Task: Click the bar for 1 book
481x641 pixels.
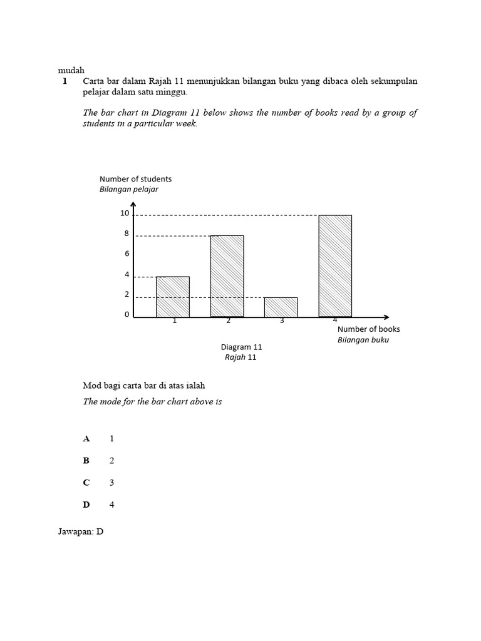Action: (173, 297)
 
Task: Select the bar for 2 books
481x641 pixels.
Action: (227, 276)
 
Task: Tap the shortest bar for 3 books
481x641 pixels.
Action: (281, 307)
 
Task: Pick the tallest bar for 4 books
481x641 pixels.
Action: (335, 266)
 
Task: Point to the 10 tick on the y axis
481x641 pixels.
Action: (125, 213)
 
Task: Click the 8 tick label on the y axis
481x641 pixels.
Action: (127, 233)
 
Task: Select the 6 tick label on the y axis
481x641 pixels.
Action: (127, 254)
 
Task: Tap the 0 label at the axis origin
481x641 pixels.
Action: (127, 314)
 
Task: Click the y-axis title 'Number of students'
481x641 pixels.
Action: (135, 179)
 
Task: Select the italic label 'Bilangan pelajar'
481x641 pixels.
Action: (129, 189)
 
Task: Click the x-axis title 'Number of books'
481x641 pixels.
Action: (368, 329)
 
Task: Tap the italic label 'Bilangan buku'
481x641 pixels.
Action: (363, 340)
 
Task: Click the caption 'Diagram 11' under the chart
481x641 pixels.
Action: (241, 347)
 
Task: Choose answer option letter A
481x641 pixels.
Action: (86, 439)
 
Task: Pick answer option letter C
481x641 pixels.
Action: (86, 483)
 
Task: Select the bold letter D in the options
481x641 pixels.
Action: (86, 505)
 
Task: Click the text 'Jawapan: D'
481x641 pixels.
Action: (80, 531)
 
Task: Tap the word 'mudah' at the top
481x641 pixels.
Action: (71, 70)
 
